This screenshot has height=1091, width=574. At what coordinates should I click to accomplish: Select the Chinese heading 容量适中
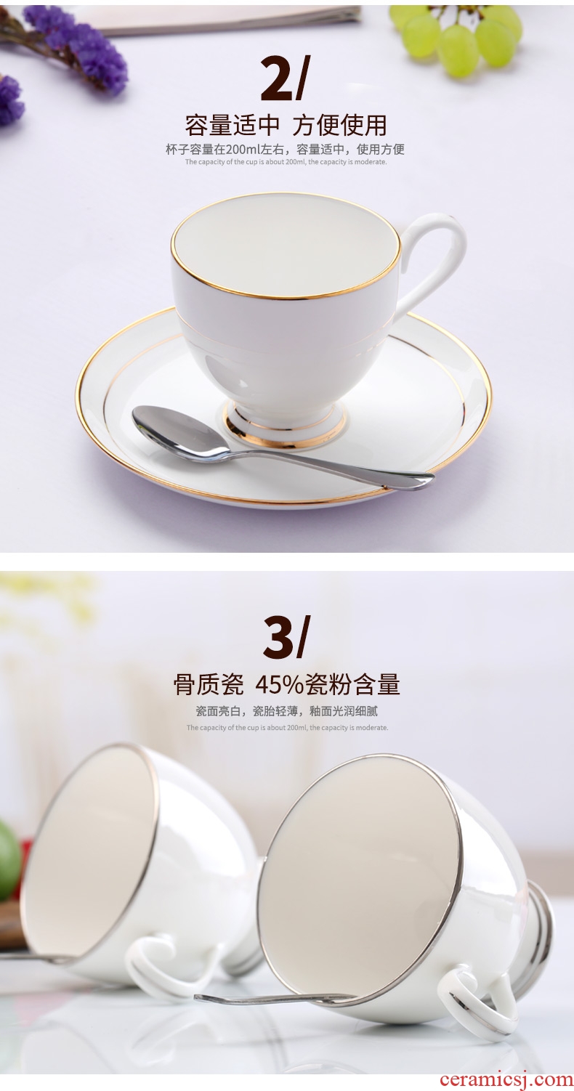[232, 126]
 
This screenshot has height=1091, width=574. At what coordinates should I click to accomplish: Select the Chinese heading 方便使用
[340, 126]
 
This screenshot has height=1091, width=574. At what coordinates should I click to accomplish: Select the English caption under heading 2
[286, 162]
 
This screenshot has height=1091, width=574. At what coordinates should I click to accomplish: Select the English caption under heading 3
[287, 728]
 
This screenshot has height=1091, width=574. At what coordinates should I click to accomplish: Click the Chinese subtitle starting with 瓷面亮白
[286, 712]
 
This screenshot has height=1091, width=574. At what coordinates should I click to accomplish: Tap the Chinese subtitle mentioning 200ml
[285, 149]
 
